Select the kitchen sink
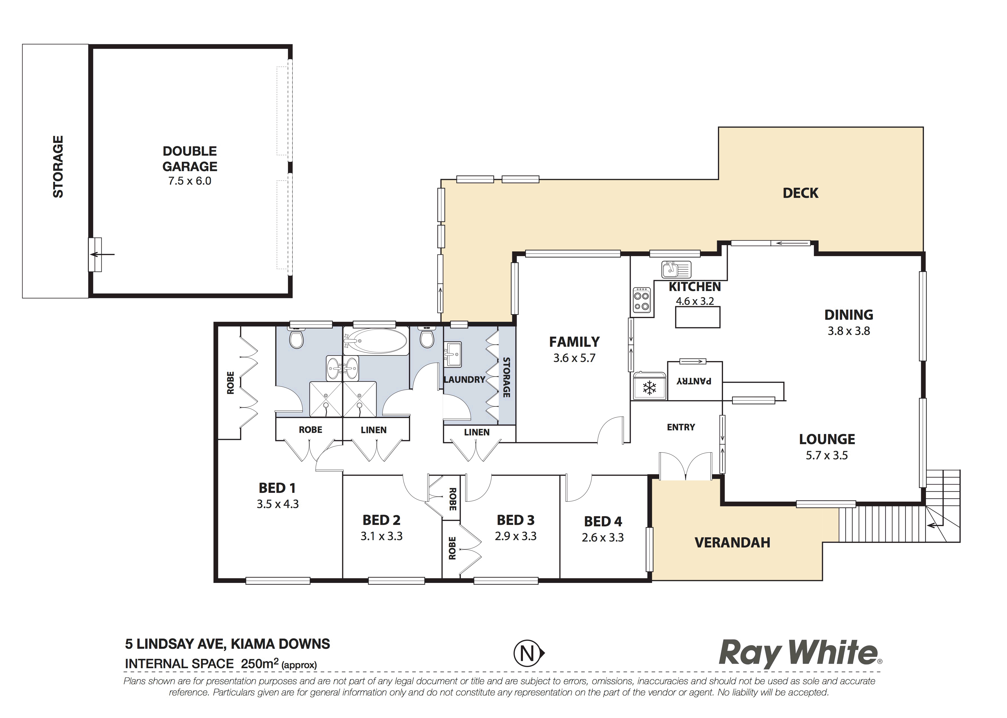pyautogui.click(x=676, y=269)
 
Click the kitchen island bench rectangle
pyautogui.click(x=698, y=317)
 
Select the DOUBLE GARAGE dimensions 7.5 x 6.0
pyautogui.click(x=190, y=181)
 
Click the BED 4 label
pyautogui.click(x=603, y=522)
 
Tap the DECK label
pyautogui.click(x=800, y=193)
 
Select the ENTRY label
pyautogui.click(x=681, y=427)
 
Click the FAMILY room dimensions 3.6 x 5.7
pyautogui.click(x=574, y=358)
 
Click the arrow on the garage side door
pyautogui.click(x=102, y=254)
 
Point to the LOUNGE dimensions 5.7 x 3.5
pyautogui.click(x=827, y=455)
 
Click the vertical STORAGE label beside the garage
pyautogui.click(x=58, y=167)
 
